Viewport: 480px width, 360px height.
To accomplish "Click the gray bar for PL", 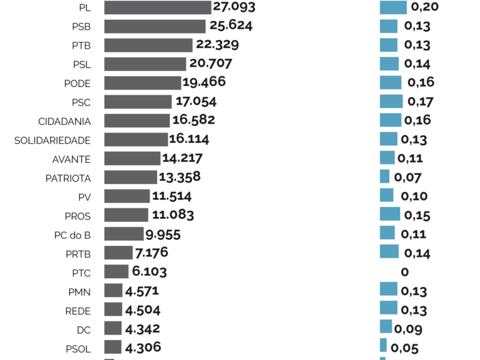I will click(x=157, y=7).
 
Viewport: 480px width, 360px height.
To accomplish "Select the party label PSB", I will click(x=81, y=27).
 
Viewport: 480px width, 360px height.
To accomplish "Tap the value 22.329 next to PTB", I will click(x=217, y=45).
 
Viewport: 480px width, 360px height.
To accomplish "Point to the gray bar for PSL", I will click(x=145, y=64).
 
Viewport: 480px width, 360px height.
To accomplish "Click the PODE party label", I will click(x=77, y=83).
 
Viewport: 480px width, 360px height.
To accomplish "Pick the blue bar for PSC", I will click(x=391, y=101).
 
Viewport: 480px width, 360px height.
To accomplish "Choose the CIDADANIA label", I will click(x=64, y=122).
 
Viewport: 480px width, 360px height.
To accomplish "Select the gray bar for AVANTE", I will click(x=133, y=158).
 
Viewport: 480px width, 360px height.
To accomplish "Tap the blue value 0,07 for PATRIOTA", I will click(x=408, y=178).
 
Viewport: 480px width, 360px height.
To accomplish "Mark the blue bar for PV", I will click(x=386, y=196).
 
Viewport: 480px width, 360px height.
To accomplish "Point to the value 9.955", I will click(x=162, y=235).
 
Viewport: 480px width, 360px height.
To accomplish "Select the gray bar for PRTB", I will click(x=118, y=253).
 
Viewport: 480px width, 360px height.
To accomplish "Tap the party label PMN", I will click(x=79, y=292).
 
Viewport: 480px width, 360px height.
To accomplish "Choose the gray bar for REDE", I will click(x=113, y=309).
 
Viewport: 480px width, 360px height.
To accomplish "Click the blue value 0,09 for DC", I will click(x=409, y=329).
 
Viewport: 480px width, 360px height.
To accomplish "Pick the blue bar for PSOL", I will click(x=383, y=346).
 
